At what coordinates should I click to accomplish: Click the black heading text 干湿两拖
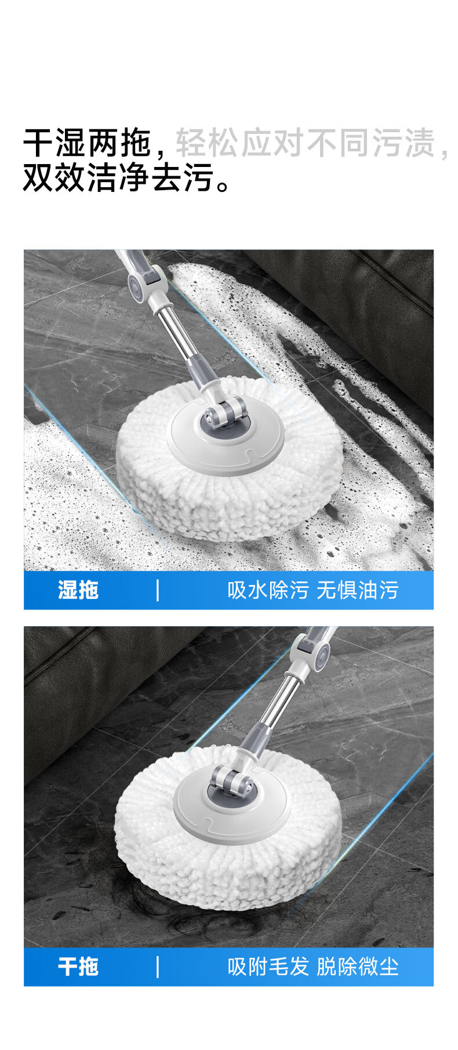click(88, 143)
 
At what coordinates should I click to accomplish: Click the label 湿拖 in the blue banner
click(78, 590)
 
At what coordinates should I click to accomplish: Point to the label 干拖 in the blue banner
click(78, 967)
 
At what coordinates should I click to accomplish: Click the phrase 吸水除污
click(268, 590)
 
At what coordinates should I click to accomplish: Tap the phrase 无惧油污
click(358, 590)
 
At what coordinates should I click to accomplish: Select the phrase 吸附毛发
click(268, 967)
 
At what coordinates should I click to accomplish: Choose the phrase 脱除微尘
click(358, 967)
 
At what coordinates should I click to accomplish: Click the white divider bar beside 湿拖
click(158, 590)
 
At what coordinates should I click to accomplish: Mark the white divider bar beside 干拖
click(158, 967)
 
